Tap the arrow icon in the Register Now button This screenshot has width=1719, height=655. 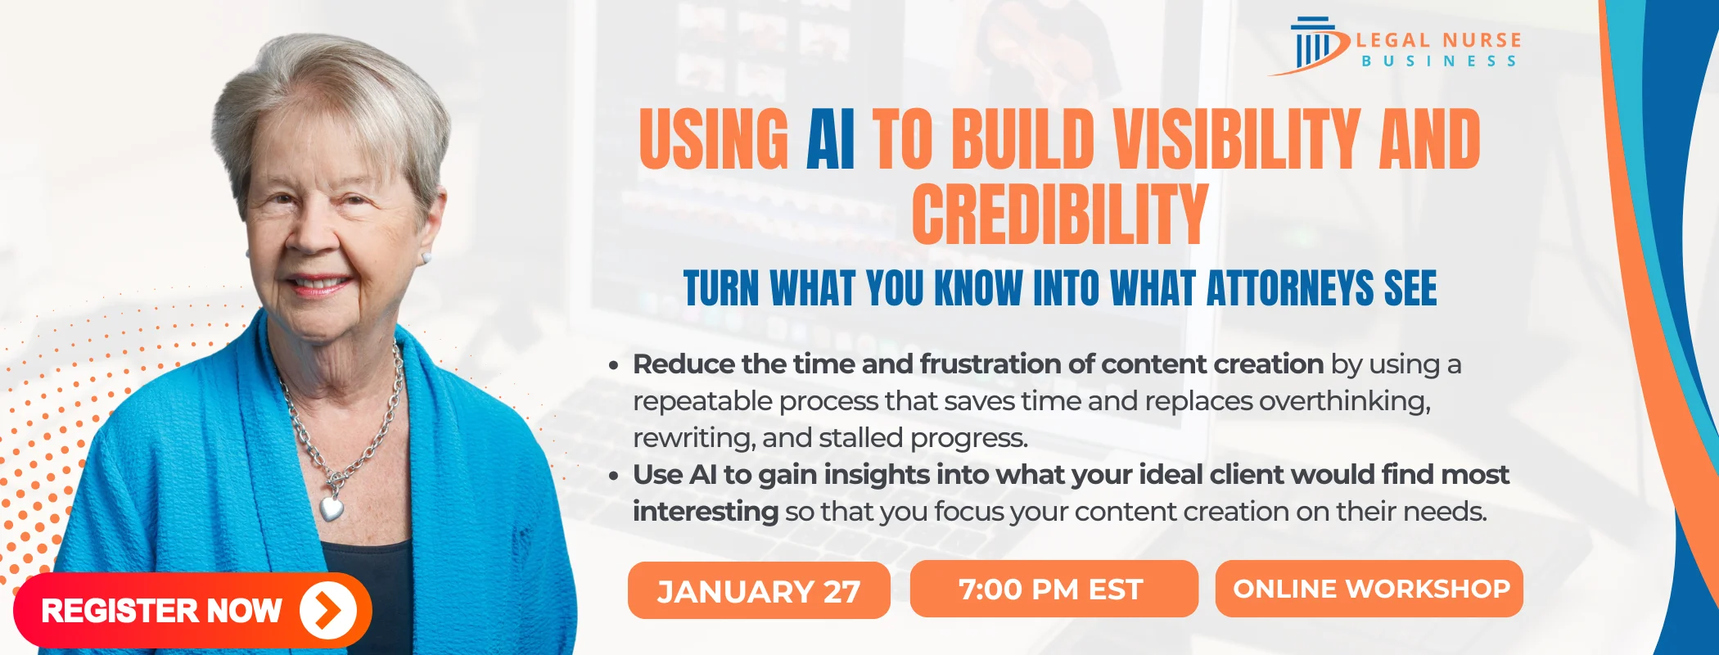tap(327, 610)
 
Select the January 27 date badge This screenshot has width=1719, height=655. tap(759, 590)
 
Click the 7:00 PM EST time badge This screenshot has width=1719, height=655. tap(1053, 589)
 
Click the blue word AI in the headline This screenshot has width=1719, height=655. tap(830, 140)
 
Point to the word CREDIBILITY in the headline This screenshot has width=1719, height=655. tap(1059, 215)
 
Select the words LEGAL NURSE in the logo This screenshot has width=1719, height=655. tap(1438, 40)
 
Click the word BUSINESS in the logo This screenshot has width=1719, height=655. tap(1438, 61)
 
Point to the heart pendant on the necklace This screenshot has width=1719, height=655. tap(332, 508)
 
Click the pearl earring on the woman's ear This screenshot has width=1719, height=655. tap(426, 258)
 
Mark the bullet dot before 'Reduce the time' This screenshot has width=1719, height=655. tap(614, 365)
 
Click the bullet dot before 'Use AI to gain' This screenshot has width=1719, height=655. tap(614, 476)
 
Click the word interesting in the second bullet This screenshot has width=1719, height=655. tap(705, 512)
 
